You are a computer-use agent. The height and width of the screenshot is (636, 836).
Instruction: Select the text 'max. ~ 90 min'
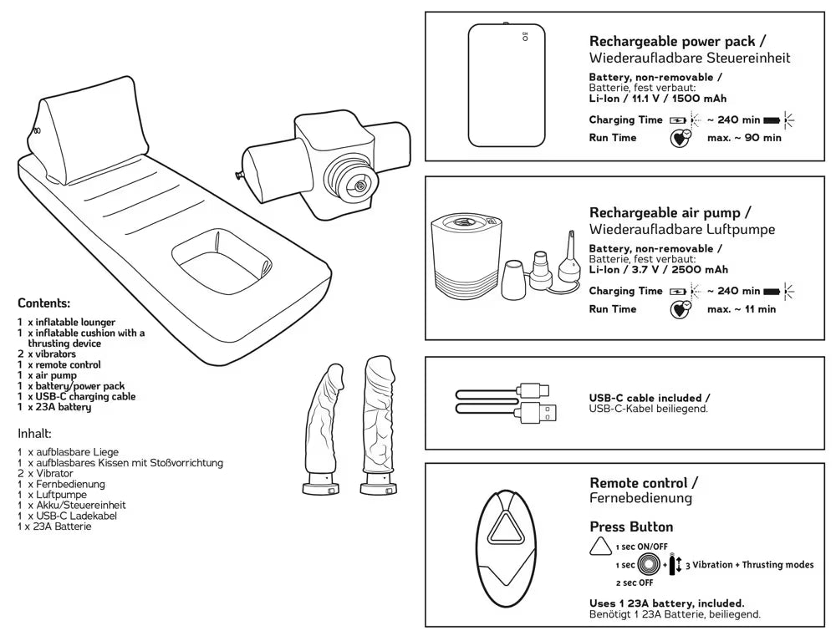(744, 138)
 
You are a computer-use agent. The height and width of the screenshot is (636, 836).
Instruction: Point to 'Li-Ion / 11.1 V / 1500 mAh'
(658, 98)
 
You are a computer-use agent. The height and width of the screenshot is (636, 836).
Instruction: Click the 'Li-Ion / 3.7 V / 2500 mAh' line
(658, 269)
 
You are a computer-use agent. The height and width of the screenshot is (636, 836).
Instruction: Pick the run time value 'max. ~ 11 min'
(741, 309)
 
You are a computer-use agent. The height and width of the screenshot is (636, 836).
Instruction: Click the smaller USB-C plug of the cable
(534, 389)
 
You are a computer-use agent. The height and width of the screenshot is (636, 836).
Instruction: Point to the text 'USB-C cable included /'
(650, 398)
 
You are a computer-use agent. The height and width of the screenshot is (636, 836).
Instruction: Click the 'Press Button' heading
(631, 527)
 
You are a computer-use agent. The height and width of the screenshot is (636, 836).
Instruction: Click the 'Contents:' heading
(43, 303)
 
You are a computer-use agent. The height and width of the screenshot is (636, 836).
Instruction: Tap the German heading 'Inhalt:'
(35, 434)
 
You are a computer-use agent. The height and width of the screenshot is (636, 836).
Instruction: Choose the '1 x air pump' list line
(53, 375)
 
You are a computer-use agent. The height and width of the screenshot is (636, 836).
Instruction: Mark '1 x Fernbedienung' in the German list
(61, 484)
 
